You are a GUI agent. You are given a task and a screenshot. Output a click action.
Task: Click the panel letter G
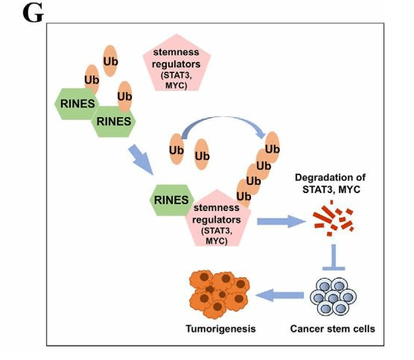[x=33, y=13]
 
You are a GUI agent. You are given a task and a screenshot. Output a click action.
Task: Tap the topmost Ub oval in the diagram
[x=110, y=61]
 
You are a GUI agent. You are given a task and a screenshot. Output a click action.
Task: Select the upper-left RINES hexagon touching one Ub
[x=77, y=104]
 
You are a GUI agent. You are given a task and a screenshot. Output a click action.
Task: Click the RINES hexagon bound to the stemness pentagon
[x=171, y=200]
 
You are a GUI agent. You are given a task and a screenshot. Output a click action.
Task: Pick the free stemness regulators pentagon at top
[x=176, y=63]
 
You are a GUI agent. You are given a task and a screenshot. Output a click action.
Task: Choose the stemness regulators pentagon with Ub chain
[x=217, y=219]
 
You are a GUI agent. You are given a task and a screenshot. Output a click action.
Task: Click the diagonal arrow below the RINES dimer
[x=141, y=160]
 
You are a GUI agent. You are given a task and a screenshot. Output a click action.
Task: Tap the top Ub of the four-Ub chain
[x=273, y=148]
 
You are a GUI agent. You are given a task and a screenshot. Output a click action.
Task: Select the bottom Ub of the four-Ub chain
[x=243, y=195]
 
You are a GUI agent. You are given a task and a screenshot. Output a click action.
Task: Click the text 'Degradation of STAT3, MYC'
[x=331, y=183]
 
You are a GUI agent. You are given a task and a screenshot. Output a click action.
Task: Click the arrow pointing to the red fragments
[x=281, y=221]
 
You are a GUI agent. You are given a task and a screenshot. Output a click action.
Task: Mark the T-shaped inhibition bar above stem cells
[x=334, y=257]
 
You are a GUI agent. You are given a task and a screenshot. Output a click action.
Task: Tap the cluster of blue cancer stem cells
[x=333, y=296]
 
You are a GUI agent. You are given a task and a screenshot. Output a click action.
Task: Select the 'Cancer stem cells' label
[x=333, y=329]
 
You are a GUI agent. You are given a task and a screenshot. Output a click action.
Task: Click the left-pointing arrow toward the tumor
[x=280, y=295]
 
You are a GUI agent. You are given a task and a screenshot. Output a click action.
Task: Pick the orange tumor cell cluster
[x=219, y=294]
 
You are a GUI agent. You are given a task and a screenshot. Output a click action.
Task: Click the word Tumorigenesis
[x=220, y=329]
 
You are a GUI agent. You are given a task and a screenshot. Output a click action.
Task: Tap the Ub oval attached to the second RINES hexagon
[x=124, y=96]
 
